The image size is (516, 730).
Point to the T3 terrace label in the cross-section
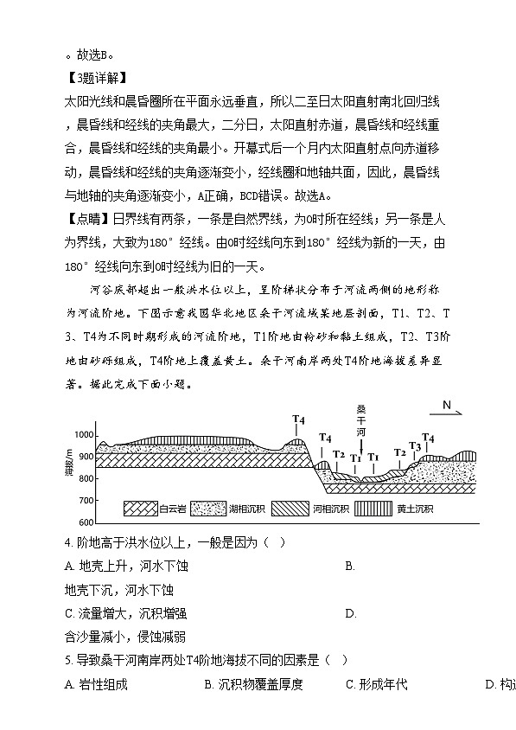click(415, 447)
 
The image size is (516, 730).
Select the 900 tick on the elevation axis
click(86, 457)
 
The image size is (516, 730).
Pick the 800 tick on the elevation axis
click(86, 478)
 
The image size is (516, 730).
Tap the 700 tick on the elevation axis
click(86, 501)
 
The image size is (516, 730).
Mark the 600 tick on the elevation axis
click(86, 523)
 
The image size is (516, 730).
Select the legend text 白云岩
click(174, 509)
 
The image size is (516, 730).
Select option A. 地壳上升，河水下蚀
click(126, 567)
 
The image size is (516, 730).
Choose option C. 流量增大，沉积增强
click(126, 614)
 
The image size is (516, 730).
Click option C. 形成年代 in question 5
click(377, 685)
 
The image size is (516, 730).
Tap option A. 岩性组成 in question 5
click(96, 685)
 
